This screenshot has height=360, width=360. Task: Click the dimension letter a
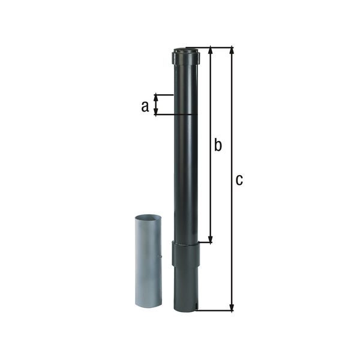[x=144, y=106]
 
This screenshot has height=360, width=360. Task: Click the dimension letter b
[x=218, y=145]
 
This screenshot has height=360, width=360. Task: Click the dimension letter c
[x=239, y=179]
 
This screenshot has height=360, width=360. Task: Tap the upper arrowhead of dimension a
[x=157, y=97]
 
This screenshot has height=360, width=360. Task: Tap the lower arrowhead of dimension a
[x=157, y=112]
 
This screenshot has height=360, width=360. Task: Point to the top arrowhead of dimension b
[x=211, y=50]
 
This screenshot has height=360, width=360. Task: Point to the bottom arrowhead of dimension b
[x=211, y=239]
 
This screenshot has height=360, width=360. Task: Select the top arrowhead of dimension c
[x=232, y=50]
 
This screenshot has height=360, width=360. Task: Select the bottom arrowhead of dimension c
[x=232, y=308]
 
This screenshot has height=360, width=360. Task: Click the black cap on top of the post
[x=185, y=56]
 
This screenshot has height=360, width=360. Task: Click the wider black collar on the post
[x=185, y=253]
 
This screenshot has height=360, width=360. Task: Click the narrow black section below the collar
[x=185, y=288]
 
